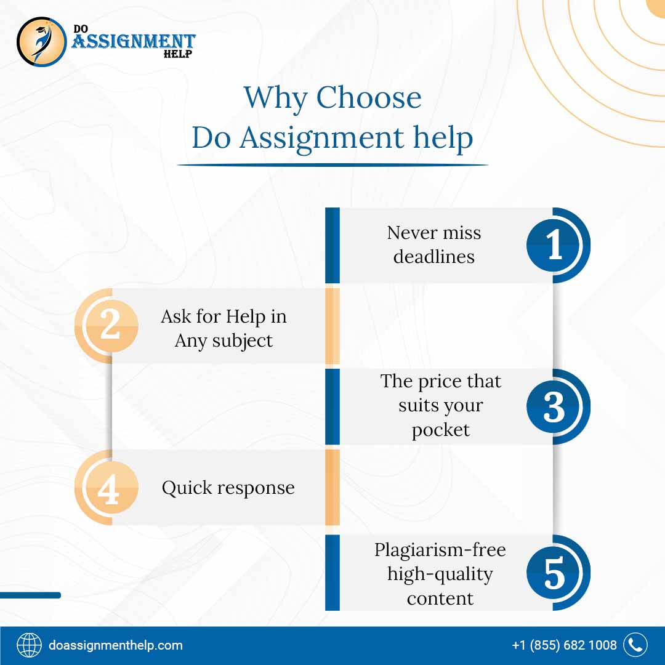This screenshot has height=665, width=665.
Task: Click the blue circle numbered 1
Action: (555, 245)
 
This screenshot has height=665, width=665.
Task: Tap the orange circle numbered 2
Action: (110, 325)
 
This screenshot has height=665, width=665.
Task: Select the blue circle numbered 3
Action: (555, 406)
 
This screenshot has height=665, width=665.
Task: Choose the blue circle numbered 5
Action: (555, 573)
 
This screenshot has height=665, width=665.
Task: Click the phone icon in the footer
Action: (635, 645)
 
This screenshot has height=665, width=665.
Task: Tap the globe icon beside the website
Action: (29, 645)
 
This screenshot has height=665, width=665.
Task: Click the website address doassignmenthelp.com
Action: (116, 645)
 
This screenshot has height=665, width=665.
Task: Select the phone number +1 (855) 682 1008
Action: (564, 645)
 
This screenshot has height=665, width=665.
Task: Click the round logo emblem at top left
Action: (41, 41)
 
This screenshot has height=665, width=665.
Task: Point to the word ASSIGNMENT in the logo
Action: (134, 42)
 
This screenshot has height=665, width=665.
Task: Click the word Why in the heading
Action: (275, 98)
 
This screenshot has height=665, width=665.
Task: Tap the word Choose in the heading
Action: (369, 98)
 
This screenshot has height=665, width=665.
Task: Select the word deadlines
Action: (434, 256)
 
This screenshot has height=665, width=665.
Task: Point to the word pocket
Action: (440, 430)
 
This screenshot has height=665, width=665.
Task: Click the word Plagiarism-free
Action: (440, 549)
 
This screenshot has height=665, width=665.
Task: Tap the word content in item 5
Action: (440, 598)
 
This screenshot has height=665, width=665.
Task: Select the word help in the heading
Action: (443, 138)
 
